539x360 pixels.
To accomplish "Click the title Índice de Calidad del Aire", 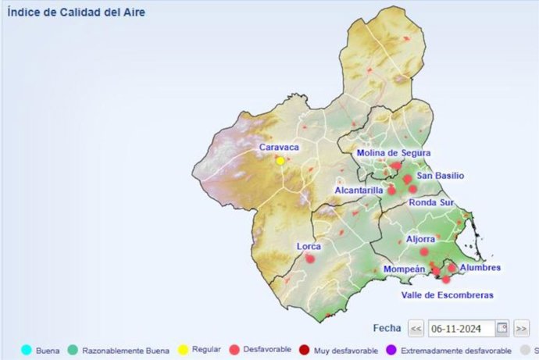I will point(76,12).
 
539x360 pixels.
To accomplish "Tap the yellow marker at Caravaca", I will point(280,161).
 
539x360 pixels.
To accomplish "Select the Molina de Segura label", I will point(394,152).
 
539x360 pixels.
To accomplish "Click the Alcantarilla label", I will point(359,190).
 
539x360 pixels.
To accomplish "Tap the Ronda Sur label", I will point(431,202).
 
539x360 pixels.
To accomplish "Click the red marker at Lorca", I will point(310,258).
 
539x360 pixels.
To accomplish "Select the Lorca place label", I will point(309,246).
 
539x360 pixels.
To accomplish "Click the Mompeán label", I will point(404,269).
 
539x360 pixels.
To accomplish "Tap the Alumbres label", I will point(480,268).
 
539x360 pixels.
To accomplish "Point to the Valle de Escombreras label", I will point(447,295).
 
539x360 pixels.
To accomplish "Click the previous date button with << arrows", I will point(416,328).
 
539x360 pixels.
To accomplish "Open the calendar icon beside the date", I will point(502,328).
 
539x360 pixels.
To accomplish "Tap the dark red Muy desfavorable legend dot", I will point(305,351).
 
